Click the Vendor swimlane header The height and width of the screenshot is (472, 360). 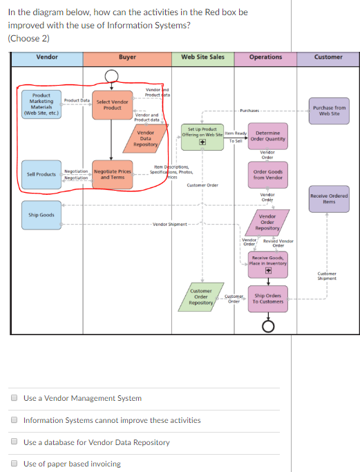coord(46,57)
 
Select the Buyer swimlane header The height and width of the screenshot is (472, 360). coord(127,57)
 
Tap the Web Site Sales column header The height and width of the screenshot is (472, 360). coord(202,57)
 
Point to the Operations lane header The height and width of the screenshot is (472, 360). coord(265,57)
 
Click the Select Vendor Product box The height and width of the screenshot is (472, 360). coord(112,104)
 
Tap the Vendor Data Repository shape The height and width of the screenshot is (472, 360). coord(145,138)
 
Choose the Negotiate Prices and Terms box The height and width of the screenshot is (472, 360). coord(112,173)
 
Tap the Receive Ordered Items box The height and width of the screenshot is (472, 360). coord(329,199)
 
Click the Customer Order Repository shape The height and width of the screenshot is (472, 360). coord(200,296)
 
